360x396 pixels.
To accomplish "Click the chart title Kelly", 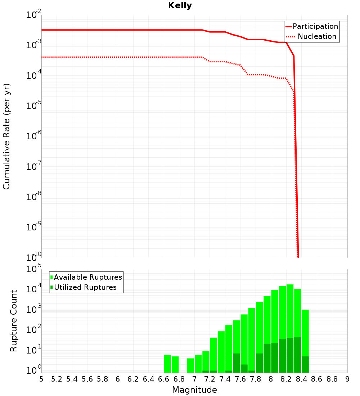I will [180, 6].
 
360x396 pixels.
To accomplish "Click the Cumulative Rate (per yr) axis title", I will [7, 136].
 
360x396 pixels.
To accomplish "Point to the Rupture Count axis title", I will [14, 321].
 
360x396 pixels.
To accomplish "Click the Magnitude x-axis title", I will [194, 390].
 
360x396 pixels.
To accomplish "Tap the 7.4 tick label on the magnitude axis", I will [225, 379].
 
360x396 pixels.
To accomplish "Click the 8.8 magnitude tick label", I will [332, 379].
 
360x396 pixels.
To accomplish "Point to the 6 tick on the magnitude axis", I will [118, 379].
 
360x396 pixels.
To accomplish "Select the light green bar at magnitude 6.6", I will [167, 364].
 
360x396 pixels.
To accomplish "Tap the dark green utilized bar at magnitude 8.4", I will [305, 364].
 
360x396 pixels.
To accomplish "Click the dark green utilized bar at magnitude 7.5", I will [237, 363].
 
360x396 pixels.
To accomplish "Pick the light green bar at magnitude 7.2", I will [213, 353].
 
